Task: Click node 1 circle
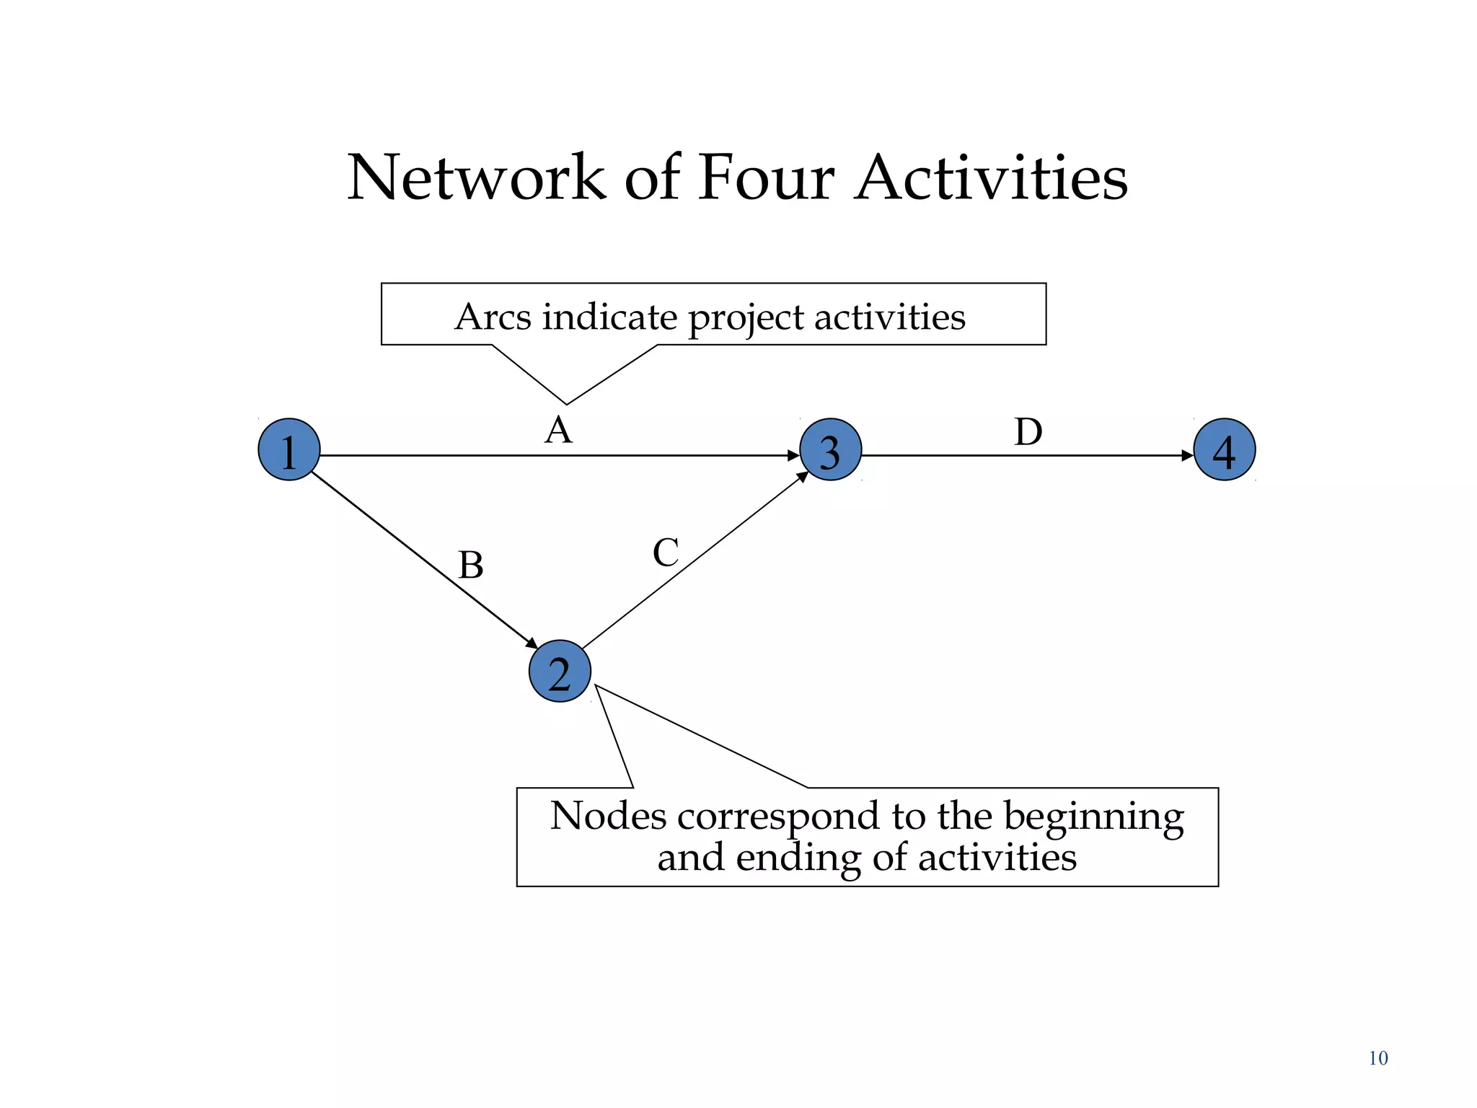point(289,449)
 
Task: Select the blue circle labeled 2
point(560,671)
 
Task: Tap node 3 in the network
point(830,449)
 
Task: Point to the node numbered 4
point(1224,449)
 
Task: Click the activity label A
point(558,431)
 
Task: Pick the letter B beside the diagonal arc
point(471,565)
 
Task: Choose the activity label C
point(665,553)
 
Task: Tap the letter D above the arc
point(1028,432)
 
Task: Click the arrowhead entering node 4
point(1187,455)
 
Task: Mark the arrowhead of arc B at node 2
point(532,643)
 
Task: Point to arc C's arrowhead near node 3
point(802,477)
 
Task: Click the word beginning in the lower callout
point(1093,817)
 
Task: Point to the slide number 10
point(1377,1058)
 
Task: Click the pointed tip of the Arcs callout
point(566,403)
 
